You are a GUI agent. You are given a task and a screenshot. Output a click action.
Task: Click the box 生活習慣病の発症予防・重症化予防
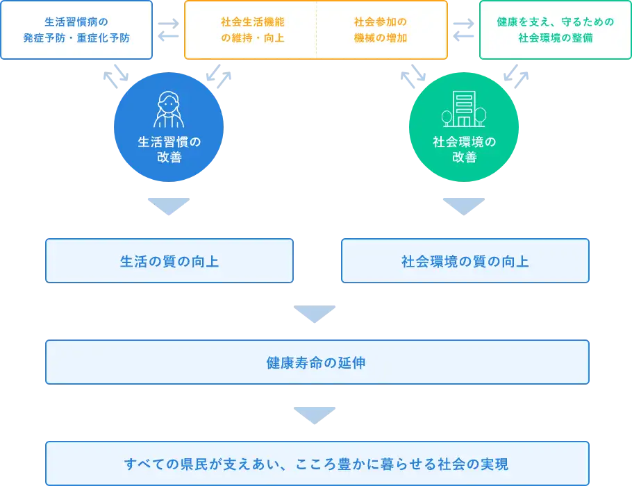(76, 30)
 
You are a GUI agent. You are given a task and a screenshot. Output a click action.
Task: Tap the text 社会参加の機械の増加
(381, 30)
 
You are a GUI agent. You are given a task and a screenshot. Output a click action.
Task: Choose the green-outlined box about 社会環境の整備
(554, 30)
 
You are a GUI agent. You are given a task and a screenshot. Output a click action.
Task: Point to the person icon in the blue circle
(169, 110)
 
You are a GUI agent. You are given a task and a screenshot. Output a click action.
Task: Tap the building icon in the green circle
(463, 110)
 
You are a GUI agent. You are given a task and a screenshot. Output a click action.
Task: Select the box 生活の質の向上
(169, 261)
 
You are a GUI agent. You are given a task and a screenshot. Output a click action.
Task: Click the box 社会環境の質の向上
(465, 261)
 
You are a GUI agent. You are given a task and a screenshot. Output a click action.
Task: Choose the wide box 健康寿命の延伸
(317, 362)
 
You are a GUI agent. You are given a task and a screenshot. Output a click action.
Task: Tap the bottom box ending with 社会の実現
(317, 463)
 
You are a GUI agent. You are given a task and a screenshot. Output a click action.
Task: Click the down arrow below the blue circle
(169, 204)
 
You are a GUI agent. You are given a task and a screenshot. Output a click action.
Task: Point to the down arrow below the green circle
(464, 204)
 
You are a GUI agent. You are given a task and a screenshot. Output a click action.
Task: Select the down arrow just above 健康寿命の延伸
(314, 315)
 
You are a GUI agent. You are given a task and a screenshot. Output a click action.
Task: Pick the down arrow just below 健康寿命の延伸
(314, 415)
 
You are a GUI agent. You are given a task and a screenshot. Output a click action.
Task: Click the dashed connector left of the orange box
(168, 30)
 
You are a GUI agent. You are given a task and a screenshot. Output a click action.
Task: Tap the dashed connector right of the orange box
(463, 30)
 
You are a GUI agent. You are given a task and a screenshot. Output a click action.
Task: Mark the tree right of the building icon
(480, 116)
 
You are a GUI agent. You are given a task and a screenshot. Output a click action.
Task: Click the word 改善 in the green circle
(465, 158)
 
